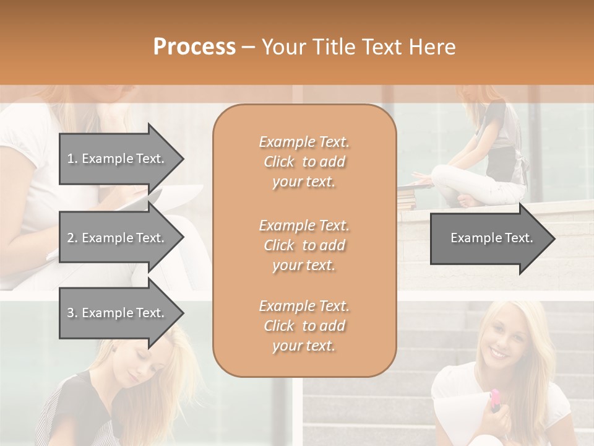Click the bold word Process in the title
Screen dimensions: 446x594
[x=194, y=47]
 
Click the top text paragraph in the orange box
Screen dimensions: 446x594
[x=304, y=162]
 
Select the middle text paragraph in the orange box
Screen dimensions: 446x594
[x=304, y=245]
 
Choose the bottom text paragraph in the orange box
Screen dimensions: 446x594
[x=304, y=326]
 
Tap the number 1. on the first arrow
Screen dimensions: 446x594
[x=72, y=159]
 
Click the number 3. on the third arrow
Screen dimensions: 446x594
[x=72, y=313]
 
